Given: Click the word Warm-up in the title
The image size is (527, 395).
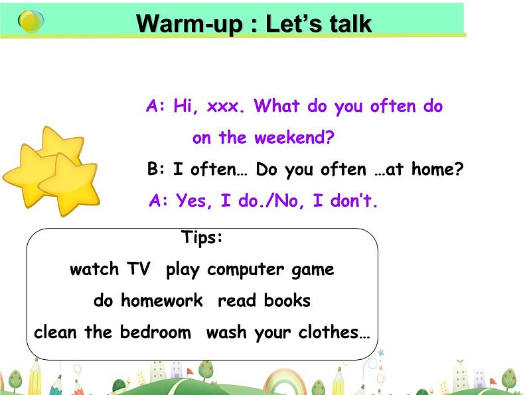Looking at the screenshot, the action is pyautogui.click(x=190, y=24).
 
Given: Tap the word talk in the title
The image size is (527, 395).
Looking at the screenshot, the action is pyautogui.click(x=350, y=23).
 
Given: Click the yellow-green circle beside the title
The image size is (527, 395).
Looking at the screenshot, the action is pyautogui.click(x=31, y=21).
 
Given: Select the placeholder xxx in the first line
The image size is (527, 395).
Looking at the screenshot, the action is pyautogui.click(x=223, y=107).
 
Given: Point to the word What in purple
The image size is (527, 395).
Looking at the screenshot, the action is pyautogui.click(x=277, y=106).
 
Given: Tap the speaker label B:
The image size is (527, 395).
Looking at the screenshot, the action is pyautogui.click(x=155, y=169).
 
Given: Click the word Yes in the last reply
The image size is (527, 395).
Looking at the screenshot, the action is pyautogui.click(x=191, y=201).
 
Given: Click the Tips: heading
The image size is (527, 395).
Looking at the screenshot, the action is pyautogui.click(x=202, y=238).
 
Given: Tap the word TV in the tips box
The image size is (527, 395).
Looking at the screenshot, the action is pyautogui.click(x=139, y=268).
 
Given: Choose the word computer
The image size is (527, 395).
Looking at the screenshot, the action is pyautogui.click(x=246, y=270).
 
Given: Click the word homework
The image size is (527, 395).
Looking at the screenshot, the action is pyautogui.click(x=162, y=300).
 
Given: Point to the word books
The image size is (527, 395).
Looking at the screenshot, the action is pyautogui.click(x=287, y=300).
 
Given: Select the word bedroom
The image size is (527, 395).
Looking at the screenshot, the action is pyautogui.click(x=155, y=332).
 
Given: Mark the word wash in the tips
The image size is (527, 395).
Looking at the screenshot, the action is pyautogui.click(x=226, y=332).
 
